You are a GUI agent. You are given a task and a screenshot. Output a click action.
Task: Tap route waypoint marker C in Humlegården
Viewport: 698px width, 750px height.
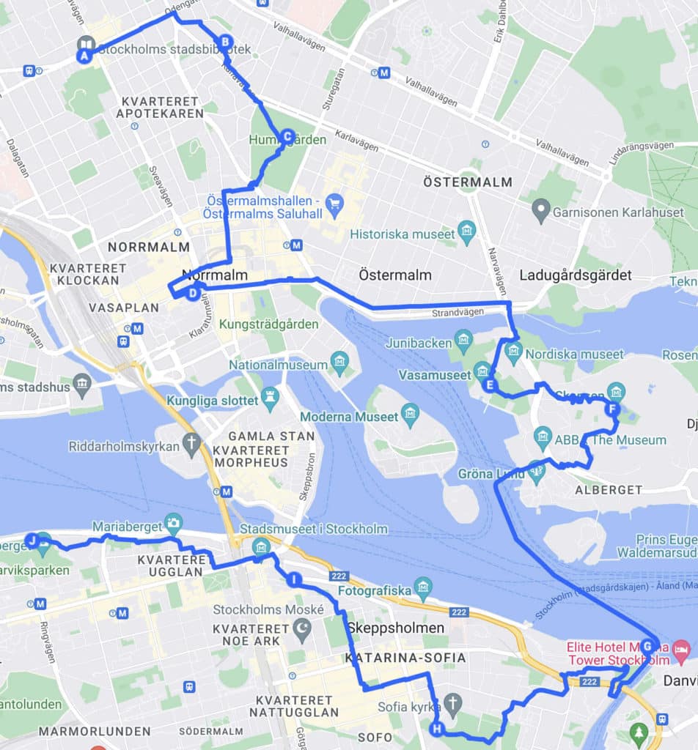point(287,136)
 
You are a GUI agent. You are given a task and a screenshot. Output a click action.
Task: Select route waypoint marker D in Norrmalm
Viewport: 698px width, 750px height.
point(192,294)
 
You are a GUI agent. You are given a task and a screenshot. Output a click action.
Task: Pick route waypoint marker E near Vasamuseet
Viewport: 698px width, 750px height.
point(489,385)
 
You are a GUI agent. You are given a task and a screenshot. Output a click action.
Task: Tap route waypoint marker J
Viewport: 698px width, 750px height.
point(32,541)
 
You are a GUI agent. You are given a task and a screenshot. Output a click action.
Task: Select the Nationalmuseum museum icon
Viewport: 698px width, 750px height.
point(339,360)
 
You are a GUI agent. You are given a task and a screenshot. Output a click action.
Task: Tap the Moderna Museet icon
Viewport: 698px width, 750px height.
point(410,417)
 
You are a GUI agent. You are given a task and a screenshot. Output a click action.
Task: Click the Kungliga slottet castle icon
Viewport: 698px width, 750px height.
point(271,396)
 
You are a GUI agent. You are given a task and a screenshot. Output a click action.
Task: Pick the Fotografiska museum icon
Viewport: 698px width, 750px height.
point(423,586)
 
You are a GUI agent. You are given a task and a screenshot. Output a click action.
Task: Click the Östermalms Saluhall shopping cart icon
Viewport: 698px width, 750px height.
point(335,202)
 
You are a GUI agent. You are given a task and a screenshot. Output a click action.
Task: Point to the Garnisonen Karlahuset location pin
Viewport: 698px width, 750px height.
point(541,211)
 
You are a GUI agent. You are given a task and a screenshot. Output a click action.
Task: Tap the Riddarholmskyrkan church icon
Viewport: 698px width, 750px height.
point(192,443)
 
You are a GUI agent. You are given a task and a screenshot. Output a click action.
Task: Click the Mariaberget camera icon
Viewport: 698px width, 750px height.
point(174,521)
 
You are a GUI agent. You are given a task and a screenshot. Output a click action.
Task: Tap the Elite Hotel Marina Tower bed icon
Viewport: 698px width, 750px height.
point(680,647)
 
